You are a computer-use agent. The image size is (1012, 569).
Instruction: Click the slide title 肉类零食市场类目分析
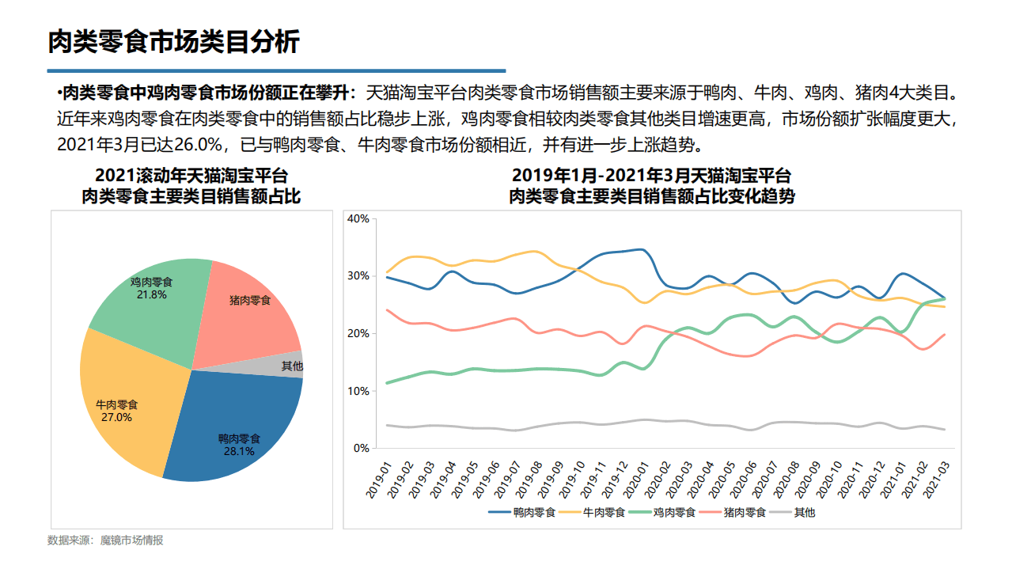(174, 41)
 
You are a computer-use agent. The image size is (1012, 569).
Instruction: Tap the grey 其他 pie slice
(291, 366)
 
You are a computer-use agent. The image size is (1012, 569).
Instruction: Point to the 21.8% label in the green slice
(151, 294)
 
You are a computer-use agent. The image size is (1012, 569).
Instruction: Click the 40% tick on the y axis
(358, 218)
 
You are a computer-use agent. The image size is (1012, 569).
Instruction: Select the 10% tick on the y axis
(358, 391)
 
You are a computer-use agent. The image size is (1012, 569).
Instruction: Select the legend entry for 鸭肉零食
(523, 512)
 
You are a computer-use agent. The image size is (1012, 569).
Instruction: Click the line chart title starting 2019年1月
(651, 176)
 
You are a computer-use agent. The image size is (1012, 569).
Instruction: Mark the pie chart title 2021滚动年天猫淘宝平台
(191, 176)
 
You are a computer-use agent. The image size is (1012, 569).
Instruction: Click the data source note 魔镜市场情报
(105, 541)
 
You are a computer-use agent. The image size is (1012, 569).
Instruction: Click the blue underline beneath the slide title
(277, 70)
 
